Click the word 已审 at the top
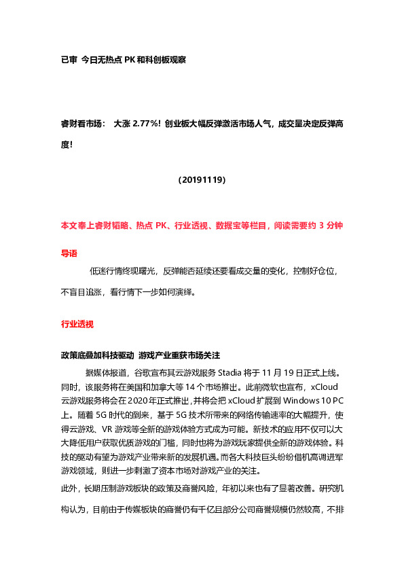click(x=69, y=60)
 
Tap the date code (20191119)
click(x=202, y=181)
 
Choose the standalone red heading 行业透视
click(x=77, y=324)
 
